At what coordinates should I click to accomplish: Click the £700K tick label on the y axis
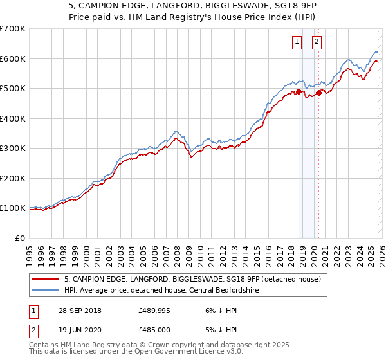coord(13,29)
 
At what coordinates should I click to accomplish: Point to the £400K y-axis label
coord(13,118)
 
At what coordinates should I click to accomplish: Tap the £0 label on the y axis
coord(21,238)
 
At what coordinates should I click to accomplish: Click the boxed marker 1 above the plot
coord(297,42)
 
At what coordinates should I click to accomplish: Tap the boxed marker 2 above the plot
coord(317,42)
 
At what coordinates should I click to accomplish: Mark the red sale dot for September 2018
coord(299,91)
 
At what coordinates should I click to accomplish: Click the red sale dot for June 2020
coord(318,93)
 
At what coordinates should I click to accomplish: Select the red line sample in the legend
coord(46,279)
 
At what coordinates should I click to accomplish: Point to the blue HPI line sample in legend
coord(46,290)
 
